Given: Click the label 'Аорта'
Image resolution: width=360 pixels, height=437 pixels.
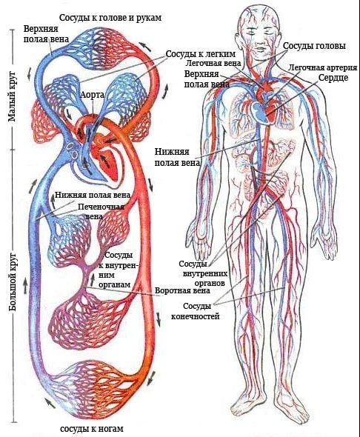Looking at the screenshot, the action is click(93, 95).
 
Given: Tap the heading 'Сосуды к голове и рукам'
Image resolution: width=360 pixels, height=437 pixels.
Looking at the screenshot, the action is click(110, 18).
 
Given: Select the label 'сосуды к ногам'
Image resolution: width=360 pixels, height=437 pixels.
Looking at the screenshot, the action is click(92, 428).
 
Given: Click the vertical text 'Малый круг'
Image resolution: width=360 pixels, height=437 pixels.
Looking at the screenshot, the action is click(11, 97).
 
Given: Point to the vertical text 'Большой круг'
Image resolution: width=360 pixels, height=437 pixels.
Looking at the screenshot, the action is click(13, 282).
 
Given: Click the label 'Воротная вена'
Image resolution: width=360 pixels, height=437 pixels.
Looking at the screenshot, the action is click(182, 290).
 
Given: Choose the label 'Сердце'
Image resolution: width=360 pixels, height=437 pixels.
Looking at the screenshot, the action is click(333, 78).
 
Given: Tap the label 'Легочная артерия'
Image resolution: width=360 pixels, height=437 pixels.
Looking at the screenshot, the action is click(323, 67).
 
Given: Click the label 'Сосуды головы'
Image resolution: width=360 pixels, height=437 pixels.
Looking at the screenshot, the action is click(314, 46).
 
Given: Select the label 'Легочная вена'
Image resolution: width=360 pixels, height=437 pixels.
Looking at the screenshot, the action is click(213, 63).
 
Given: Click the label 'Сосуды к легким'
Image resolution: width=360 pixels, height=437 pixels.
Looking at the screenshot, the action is click(201, 53).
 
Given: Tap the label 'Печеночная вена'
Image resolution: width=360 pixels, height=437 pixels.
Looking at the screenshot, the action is click(101, 211).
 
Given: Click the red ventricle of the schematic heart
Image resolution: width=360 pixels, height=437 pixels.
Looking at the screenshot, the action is click(108, 164).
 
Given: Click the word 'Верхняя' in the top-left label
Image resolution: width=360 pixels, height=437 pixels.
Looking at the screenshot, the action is click(41, 29).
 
